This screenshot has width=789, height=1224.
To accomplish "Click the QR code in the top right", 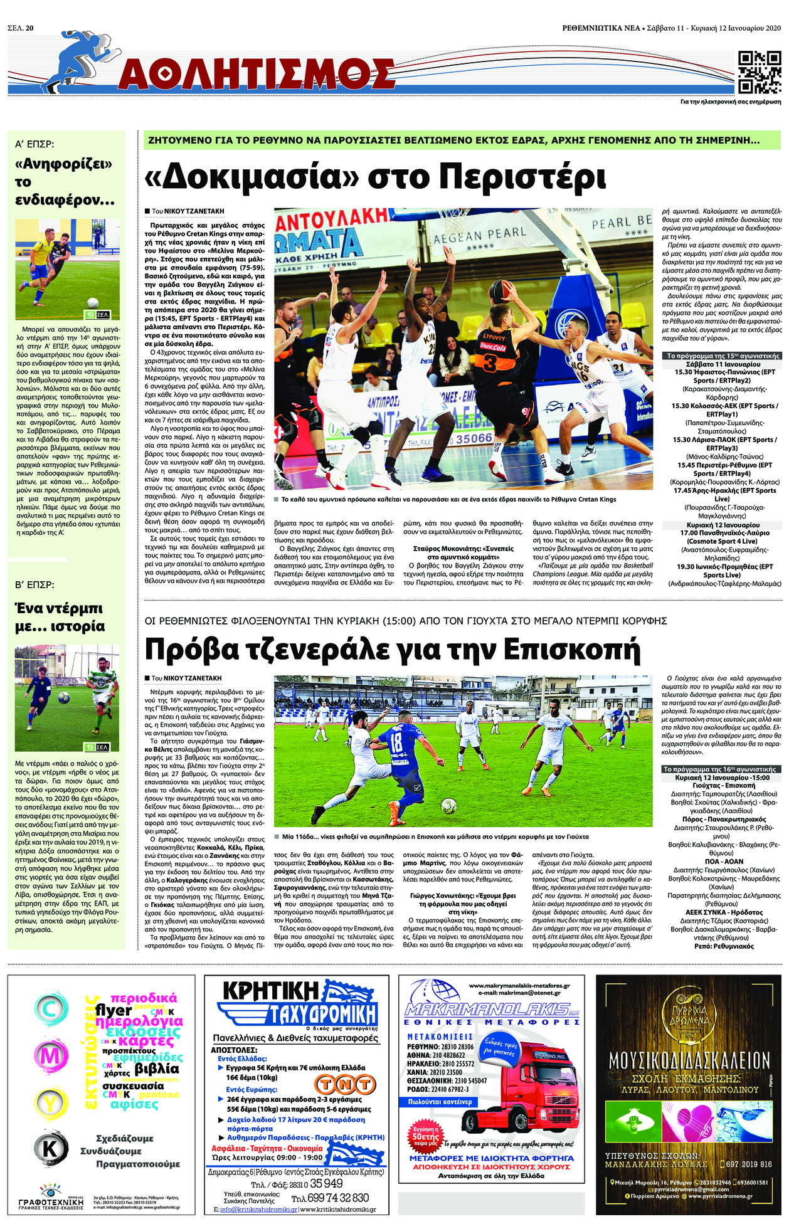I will (759, 72).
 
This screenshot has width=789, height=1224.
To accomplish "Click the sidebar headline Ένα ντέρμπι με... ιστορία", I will (60, 617).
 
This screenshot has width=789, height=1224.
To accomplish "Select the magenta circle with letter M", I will (50, 1056).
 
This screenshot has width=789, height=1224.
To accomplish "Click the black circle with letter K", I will (50, 1147).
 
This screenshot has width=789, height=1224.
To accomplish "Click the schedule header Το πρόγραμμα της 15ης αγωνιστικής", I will (721, 356).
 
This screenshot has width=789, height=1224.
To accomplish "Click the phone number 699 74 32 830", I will (342, 1198).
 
